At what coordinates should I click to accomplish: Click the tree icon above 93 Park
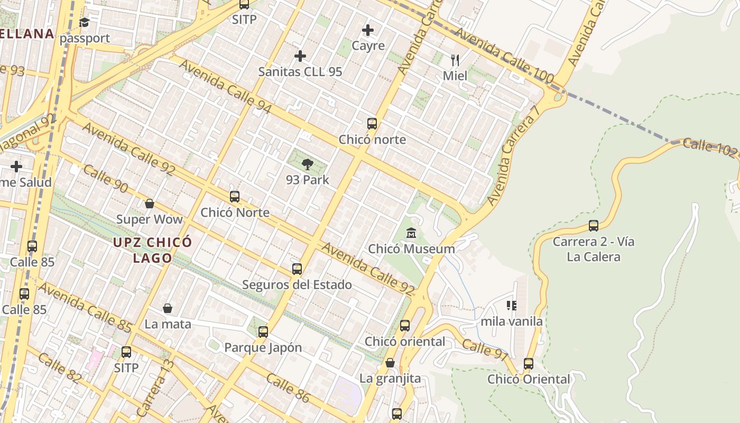[x=307, y=164]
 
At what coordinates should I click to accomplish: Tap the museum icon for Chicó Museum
[x=411, y=233]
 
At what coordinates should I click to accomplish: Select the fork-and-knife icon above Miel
[x=455, y=60]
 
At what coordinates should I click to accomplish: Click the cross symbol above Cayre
[x=368, y=30]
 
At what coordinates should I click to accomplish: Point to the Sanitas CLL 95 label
[x=300, y=72]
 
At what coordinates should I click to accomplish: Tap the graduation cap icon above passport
[x=84, y=22]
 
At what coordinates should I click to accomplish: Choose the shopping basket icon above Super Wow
[x=150, y=204]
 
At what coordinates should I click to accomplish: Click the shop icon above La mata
[x=168, y=308]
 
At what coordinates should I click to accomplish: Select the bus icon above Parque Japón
[x=263, y=332]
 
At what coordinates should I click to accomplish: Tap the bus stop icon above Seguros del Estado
[x=297, y=269]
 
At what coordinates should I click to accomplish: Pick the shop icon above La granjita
[x=390, y=363]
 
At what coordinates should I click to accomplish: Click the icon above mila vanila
[x=511, y=306]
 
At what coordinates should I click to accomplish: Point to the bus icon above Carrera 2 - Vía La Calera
[x=594, y=226]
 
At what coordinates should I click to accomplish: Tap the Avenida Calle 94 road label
[x=226, y=87]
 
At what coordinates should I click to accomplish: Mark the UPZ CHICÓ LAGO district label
[x=152, y=250]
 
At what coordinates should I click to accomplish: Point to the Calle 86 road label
[x=288, y=388]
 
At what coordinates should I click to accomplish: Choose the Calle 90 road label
[x=106, y=178]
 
